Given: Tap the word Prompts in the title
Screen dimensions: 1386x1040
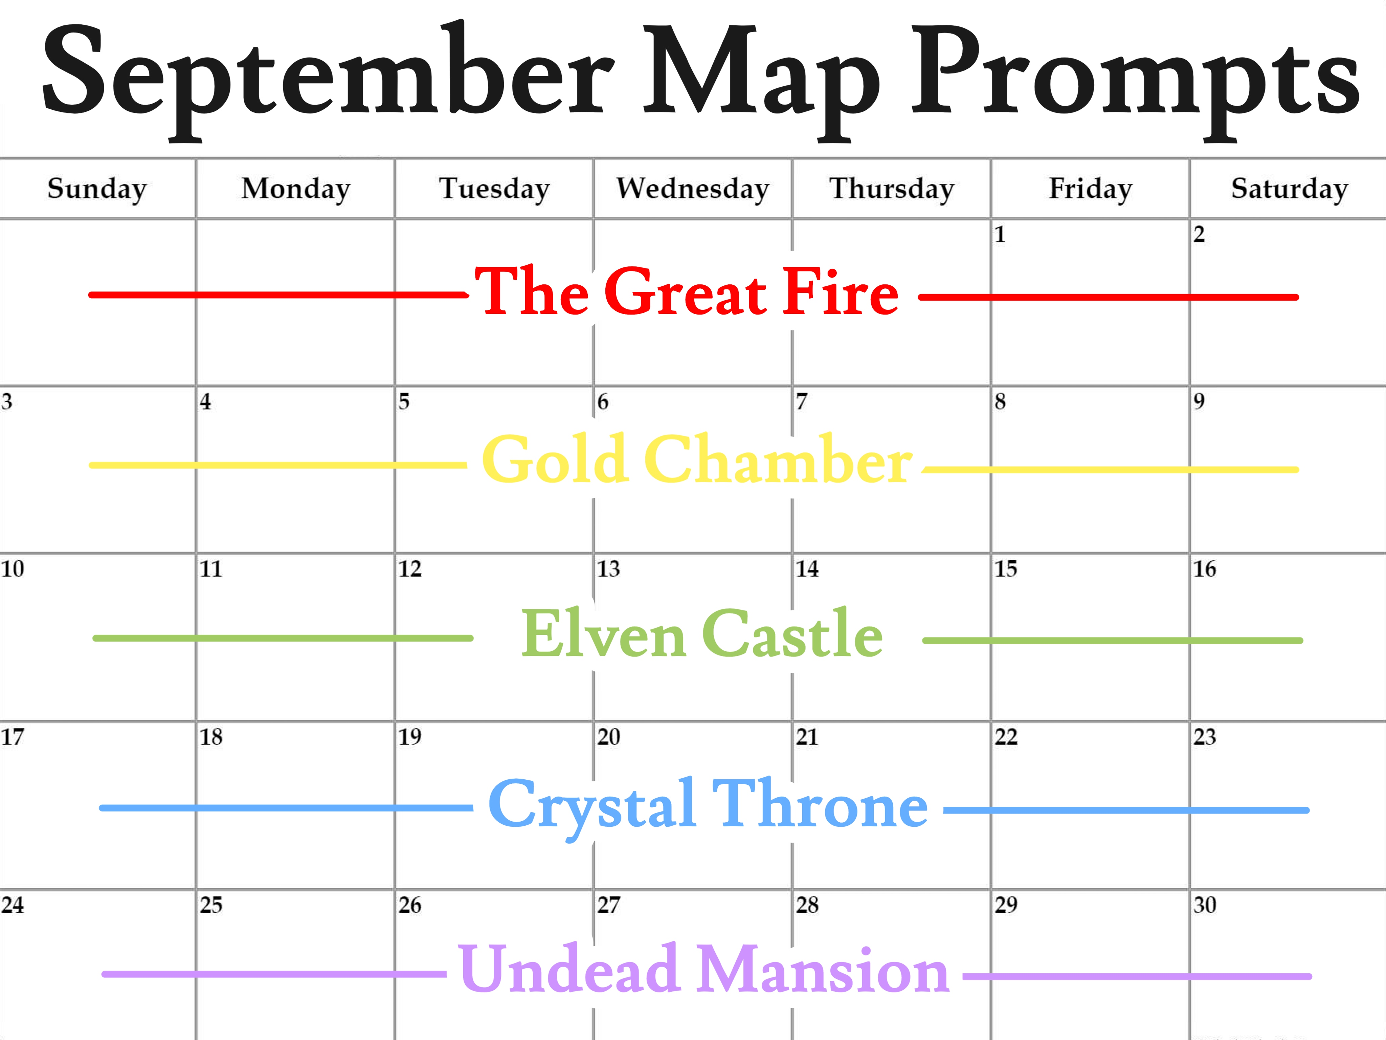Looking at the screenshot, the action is pos(1135,82).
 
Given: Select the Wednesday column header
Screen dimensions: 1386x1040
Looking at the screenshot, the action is pos(692,188).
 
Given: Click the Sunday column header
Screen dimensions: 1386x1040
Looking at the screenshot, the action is pos(97,189).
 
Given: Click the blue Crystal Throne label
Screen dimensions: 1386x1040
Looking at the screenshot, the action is pos(708,805).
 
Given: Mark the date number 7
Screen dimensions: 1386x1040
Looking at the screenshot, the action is pos(801,401).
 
